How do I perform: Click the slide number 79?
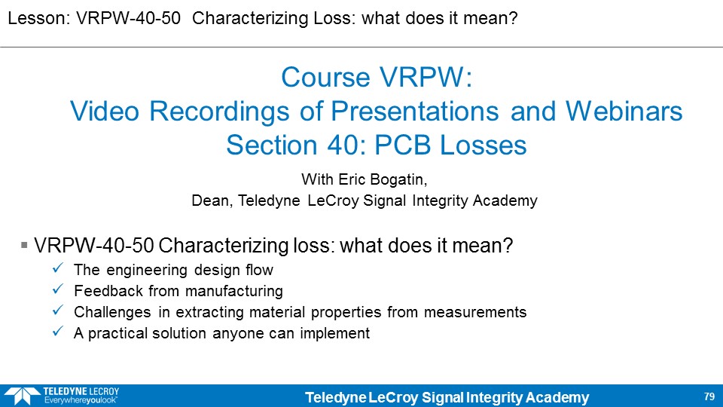click(709, 396)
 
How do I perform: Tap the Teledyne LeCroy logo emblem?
click(22, 396)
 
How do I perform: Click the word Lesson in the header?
click(38, 18)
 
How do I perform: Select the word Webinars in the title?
click(624, 112)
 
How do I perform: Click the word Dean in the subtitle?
click(212, 200)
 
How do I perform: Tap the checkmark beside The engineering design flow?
click(58, 268)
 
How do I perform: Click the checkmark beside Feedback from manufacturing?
click(58, 289)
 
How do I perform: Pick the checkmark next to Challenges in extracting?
click(58, 310)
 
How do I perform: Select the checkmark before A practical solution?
click(58, 332)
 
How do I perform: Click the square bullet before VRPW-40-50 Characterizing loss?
click(24, 244)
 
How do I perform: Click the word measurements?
click(475, 312)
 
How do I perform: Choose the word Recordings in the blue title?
click(219, 112)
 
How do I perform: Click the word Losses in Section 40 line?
click(483, 145)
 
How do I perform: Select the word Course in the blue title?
click(325, 77)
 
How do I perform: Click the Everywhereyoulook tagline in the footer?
click(81, 400)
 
